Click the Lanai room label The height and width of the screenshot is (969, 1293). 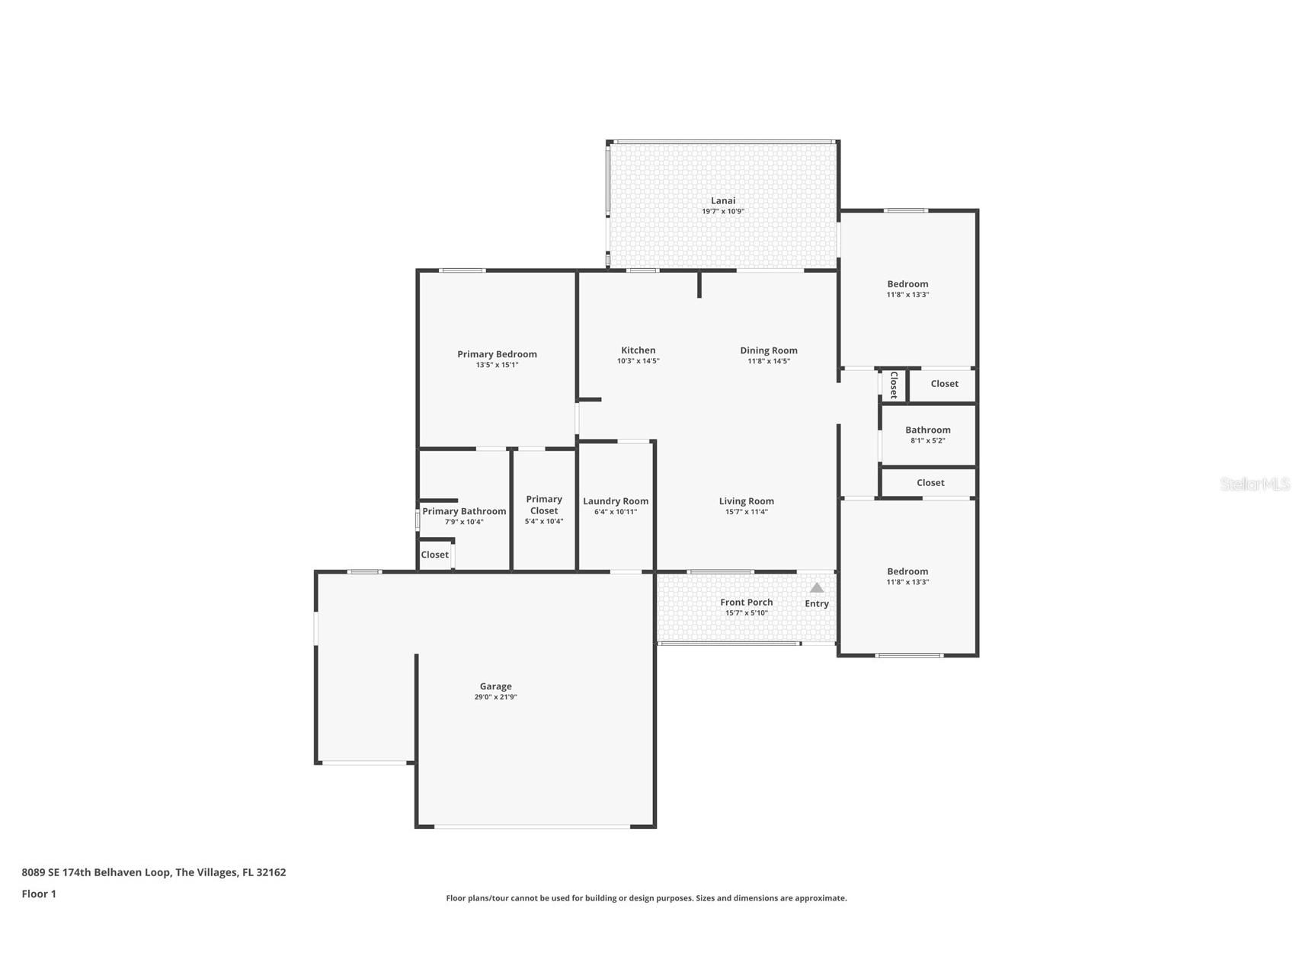click(722, 201)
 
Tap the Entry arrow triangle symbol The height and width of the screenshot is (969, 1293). click(816, 587)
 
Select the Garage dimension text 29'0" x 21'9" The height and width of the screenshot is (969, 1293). click(495, 697)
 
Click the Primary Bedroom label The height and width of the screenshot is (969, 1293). click(497, 354)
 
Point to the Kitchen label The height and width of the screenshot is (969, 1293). click(638, 350)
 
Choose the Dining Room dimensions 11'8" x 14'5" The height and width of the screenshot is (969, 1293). click(768, 361)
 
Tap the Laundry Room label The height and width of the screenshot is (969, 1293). click(615, 501)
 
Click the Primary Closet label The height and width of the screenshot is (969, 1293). click(543, 505)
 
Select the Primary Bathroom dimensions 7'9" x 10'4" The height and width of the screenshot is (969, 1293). click(464, 522)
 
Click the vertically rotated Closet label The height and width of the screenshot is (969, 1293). click(893, 385)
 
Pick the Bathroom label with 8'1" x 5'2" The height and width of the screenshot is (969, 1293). click(927, 430)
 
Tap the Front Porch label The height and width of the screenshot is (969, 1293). click(746, 602)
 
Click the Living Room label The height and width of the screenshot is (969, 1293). click(746, 501)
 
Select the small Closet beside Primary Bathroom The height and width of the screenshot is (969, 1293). click(434, 555)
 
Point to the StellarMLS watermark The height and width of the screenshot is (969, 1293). click(1254, 484)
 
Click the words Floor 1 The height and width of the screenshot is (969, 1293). click(39, 894)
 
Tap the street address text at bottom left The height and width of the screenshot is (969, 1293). click(153, 872)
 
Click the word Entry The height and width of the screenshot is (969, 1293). click(816, 603)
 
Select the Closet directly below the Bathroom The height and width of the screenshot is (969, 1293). click(930, 483)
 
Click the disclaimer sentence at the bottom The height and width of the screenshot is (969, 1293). click(646, 898)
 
